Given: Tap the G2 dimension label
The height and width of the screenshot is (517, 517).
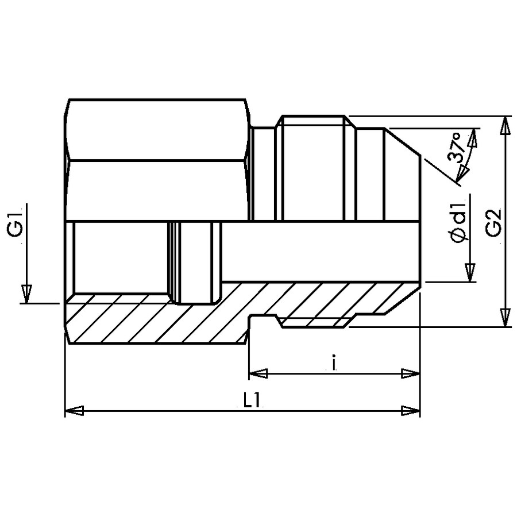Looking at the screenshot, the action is tap(493, 222).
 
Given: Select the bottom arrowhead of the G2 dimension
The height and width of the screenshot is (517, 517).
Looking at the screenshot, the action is tap(505, 318).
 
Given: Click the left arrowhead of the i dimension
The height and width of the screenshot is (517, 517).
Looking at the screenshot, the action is tap(258, 373).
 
